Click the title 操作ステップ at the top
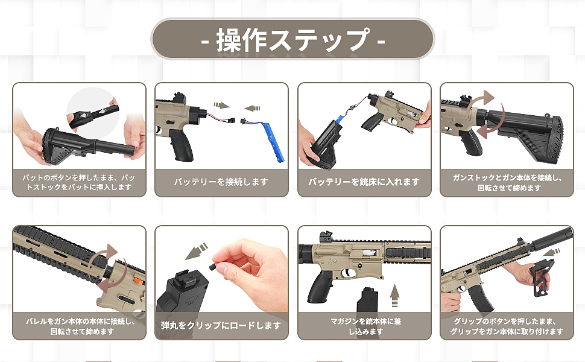293,39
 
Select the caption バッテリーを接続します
221,182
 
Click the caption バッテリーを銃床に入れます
364,182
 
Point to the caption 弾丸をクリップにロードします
221,325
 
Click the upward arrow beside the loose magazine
394,295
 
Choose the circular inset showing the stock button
92,112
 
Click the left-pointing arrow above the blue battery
252,109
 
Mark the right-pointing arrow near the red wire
221,105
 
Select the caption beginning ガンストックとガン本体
507,182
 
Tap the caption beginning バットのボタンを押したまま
79,182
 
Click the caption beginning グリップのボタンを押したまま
506,326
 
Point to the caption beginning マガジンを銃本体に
365,326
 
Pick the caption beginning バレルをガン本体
80,326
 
